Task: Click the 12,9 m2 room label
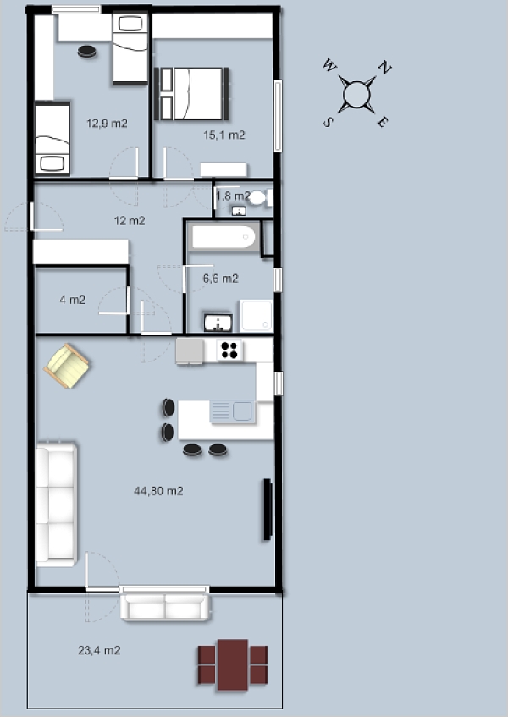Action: (x=107, y=123)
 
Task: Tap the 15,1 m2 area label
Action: (x=224, y=135)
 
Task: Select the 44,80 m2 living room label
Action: (x=158, y=491)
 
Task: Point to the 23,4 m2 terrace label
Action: (x=99, y=650)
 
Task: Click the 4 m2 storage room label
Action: (x=72, y=300)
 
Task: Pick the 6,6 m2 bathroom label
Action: (x=220, y=278)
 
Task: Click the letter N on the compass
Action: (x=385, y=67)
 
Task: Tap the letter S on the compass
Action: (x=328, y=122)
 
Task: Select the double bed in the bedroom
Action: (x=191, y=94)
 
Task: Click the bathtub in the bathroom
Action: (x=224, y=236)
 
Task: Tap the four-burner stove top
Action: (x=229, y=350)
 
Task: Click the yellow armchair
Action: (x=67, y=366)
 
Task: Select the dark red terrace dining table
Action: (x=233, y=665)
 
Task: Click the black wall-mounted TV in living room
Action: (x=268, y=510)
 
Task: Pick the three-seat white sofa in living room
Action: (x=56, y=504)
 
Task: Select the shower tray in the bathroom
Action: (x=257, y=315)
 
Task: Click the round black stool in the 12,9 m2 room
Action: (x=87, y=51)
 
